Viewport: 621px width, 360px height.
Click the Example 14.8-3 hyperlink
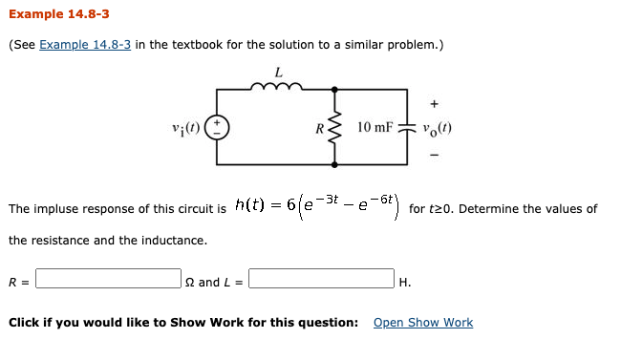(85, 45)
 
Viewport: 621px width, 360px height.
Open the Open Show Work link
(422, 323)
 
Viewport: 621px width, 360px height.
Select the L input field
(321, 282)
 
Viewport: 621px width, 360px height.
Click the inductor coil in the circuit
(277, 89)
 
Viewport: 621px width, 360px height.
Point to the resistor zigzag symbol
(334, 127)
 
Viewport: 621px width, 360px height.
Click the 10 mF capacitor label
(375, 127)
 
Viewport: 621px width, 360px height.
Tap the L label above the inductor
(278, 72)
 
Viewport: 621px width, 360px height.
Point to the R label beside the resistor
(319, 128)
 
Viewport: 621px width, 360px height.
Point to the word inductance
(176, 241)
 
